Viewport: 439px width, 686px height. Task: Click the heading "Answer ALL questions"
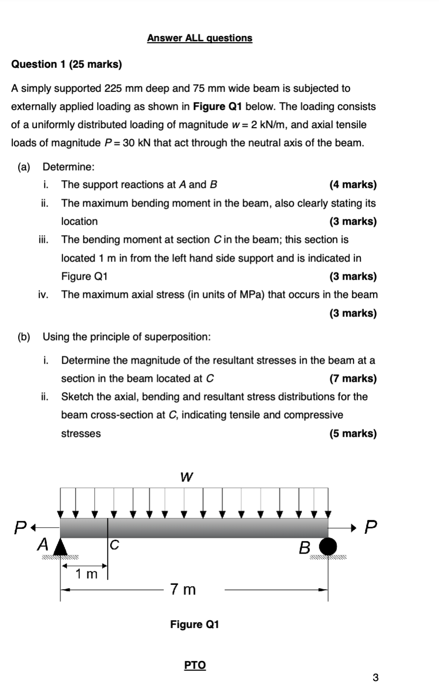point(199,38)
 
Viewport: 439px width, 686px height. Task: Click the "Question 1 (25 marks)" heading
point(67,64)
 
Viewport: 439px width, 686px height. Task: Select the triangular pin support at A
point(60,546)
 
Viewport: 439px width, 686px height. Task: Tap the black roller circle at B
point(329,546)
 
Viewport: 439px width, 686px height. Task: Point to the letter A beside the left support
point(44,544)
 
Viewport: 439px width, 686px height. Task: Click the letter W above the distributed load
point(187,476)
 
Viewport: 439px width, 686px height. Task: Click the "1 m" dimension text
point(86,574)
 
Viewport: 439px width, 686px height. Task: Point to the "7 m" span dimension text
point(183,589)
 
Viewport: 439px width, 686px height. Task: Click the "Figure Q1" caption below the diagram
point(194,624)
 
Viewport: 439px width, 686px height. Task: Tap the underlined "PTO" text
point(195,665)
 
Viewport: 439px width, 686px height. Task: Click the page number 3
point(376,678)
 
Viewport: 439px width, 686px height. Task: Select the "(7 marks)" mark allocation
point(353,378)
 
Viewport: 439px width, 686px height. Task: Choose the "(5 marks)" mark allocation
point(353,433)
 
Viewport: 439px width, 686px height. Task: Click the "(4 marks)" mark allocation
point(353,185)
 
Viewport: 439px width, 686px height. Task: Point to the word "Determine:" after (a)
point(69,167)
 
